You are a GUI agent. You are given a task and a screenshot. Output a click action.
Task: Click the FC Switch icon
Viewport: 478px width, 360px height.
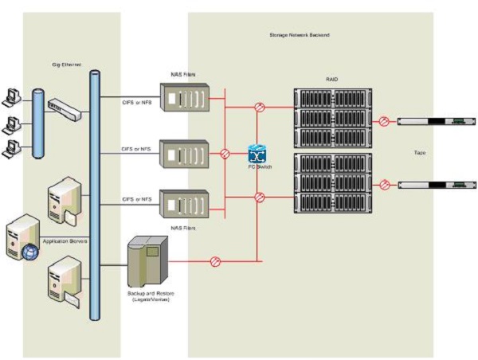tap(257, 154)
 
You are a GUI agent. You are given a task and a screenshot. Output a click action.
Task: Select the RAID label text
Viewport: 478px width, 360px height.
tap(332, 80)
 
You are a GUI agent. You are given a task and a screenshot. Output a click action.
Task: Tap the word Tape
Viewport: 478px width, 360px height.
tap(419, 151)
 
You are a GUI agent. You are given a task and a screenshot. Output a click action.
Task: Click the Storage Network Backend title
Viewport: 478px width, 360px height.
tap(300, 35)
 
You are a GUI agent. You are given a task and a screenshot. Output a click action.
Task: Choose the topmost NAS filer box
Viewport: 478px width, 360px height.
tap(185, 98)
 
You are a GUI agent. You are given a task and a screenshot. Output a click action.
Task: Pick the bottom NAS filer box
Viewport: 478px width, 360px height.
tap(185, 203)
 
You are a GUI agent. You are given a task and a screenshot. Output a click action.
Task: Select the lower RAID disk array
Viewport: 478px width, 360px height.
tap(331, 184)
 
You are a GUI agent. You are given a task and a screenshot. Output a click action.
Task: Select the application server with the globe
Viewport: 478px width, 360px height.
tap(22, 237)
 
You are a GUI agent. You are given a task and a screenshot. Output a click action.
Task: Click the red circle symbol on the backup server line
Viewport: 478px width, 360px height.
tap(214, 261)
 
